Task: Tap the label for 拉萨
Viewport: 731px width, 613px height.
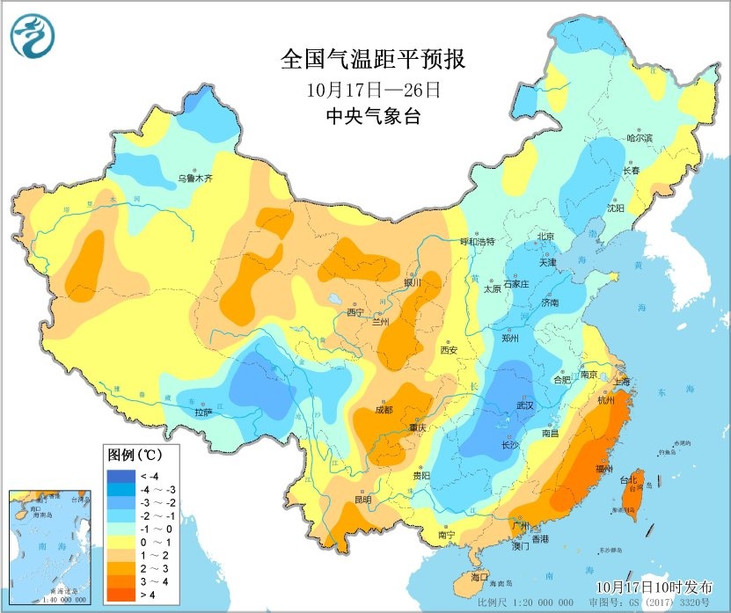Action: coord(203,412)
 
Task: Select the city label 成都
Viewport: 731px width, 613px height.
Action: coord(384,409)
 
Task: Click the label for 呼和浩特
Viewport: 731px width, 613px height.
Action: coord(466,242)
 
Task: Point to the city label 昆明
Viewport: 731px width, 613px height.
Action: coord(362,500)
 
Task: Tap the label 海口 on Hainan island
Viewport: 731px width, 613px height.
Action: coord(479,577)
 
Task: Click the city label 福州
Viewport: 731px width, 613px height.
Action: coord(604,469)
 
